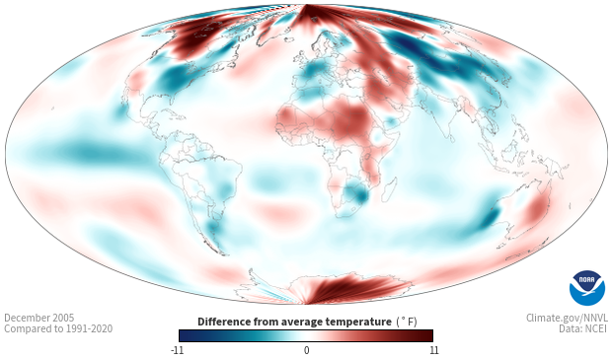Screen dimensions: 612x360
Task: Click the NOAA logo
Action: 587,287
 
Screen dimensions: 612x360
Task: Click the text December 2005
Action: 39,318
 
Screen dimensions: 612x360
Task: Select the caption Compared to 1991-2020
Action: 58,328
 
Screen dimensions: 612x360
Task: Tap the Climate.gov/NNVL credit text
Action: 568,318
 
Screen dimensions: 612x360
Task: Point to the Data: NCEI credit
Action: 583,328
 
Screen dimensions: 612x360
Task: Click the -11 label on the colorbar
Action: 178,350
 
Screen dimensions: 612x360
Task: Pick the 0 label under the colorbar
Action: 306,350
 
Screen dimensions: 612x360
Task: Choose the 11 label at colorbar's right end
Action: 434,350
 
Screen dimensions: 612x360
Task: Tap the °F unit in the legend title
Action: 407,322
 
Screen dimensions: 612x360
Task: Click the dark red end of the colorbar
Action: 425,335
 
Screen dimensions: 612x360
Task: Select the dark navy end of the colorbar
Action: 188,335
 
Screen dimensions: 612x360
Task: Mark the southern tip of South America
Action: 222,252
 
